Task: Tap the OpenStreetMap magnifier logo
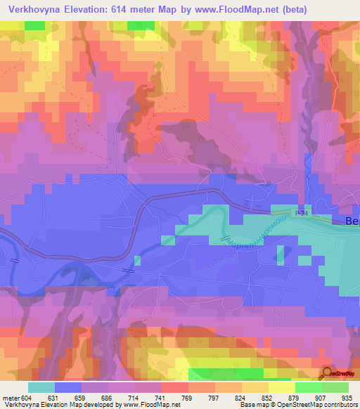[328, 374]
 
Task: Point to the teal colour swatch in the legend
[41, 387]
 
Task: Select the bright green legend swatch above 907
[308, 387]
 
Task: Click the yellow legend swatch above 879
[281, 387]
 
